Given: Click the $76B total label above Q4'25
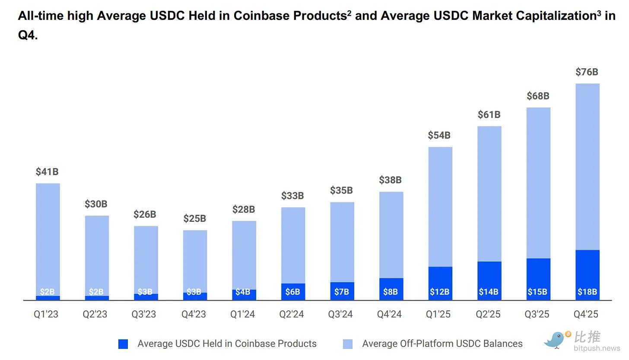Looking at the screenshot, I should pos(587,72).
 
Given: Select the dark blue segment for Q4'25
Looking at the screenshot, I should pos(588,274).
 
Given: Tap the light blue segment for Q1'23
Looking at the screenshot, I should pos(48,238).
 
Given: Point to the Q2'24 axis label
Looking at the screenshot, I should pos(292,314).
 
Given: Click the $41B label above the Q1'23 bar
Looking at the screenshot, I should pos(47,172).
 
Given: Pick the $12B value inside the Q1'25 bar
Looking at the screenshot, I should pos(439,292).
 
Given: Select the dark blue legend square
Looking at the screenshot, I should pos(123,344).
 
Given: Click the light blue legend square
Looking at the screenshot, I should pos(348,344).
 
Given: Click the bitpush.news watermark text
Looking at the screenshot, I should pos(597,348).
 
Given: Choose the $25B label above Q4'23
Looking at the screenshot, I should pos(194,219).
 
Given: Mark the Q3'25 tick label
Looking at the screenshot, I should pos(537,314).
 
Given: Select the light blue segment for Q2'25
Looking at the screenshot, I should pos(489,193).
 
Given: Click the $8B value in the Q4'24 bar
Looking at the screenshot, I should pos(391,292).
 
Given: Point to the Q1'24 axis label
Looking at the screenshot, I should pos(242,314).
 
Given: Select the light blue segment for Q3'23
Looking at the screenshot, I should pos(146,259).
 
